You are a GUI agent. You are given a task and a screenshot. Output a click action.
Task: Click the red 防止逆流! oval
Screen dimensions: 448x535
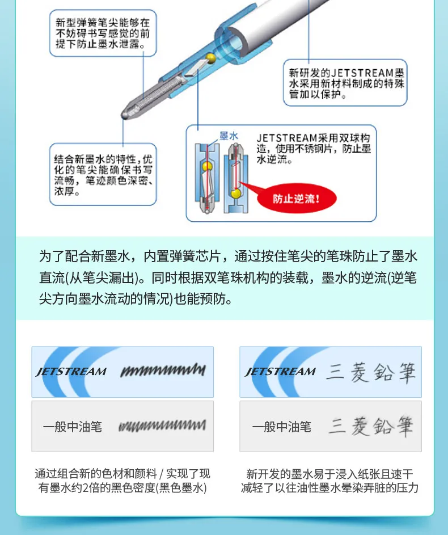297,198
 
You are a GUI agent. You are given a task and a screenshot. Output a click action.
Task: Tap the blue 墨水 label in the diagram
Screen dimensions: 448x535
229,136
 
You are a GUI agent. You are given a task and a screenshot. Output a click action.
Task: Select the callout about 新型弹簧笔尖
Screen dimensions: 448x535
103,33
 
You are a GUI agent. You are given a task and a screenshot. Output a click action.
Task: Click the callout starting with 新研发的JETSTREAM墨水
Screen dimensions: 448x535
345,83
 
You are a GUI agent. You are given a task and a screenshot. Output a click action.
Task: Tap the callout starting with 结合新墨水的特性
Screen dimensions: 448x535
103,174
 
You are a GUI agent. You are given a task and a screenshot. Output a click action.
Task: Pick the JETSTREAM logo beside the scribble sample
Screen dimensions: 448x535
71,372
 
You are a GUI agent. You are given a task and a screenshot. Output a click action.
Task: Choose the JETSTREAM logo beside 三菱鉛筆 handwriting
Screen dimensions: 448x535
280,372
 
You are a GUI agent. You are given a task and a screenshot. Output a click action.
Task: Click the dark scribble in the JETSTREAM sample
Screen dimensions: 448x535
163,370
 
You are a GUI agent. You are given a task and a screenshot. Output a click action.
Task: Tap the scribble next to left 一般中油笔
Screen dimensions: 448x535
162,426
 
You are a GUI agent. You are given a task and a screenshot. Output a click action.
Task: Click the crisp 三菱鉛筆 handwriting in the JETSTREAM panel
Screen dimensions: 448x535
371,372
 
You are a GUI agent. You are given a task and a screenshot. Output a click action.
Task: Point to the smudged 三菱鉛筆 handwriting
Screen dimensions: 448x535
371,426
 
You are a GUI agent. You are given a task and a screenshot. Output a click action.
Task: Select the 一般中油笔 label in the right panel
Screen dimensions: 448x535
282,427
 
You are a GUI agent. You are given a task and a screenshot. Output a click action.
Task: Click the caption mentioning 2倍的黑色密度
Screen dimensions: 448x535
122,481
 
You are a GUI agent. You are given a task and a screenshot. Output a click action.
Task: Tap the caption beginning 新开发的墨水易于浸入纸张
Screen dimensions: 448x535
329,481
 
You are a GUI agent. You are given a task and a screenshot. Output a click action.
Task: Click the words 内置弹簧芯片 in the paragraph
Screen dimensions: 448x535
181,256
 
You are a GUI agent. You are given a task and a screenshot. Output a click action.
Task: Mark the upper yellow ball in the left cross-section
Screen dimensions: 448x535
206,167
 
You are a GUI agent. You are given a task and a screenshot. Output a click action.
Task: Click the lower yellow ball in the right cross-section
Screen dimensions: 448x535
235,193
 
